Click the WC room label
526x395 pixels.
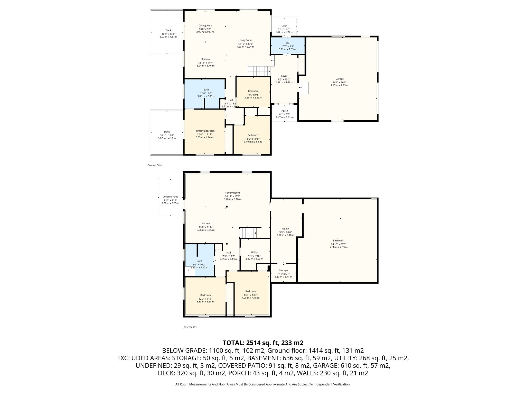point(287,43)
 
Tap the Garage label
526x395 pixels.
point(339,79)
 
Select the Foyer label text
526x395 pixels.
point(284,76)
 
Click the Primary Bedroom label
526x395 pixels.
point(204,131)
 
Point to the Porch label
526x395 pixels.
point(285,111)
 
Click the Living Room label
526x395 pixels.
point(246,40)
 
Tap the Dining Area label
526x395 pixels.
point(205,25)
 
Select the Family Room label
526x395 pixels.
point(232,193)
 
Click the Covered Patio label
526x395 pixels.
point(170,197)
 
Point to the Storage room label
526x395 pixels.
point(283,271)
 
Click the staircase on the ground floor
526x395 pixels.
point(259,71)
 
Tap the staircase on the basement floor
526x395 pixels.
point(248,233)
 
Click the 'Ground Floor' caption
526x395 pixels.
point(155,165)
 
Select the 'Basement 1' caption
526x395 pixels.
point(190,327)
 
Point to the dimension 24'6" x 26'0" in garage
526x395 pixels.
point(339,83)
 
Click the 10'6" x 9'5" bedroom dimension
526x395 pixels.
point(253,95)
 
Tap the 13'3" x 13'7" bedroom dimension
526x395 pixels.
point(250,295)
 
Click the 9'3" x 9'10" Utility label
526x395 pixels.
point(254,256)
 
